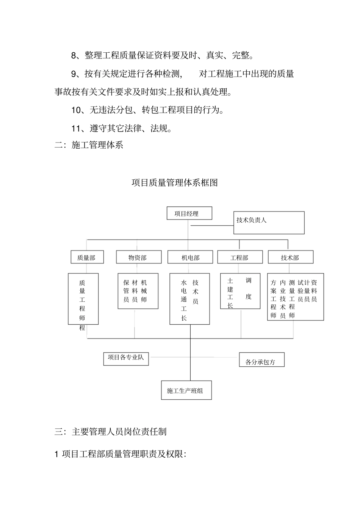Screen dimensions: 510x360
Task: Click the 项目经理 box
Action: coord(189,213)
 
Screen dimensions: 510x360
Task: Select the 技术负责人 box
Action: coord(269,223)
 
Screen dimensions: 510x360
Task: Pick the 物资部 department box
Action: coord(137,257)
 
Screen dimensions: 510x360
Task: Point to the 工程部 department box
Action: coord(239,257)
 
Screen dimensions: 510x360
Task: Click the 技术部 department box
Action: coord(290,257)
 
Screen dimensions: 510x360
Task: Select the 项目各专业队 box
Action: coord(126,359)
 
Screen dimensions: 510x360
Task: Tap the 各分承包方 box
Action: coord(261,360)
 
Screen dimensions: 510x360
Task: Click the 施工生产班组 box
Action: coord(186,390)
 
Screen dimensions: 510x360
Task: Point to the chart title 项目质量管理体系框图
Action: coord(175,183)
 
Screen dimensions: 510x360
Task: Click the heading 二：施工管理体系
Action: coord(89,145)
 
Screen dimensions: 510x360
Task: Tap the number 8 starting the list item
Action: coord(74,56)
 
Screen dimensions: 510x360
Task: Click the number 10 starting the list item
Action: coord(77,110)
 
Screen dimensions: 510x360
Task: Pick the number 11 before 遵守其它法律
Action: coord(77,129)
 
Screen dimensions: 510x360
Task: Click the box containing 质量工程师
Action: coord(83,299)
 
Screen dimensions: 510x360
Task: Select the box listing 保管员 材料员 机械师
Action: coord(138,291)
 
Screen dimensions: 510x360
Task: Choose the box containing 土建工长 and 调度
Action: coord(240,291)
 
